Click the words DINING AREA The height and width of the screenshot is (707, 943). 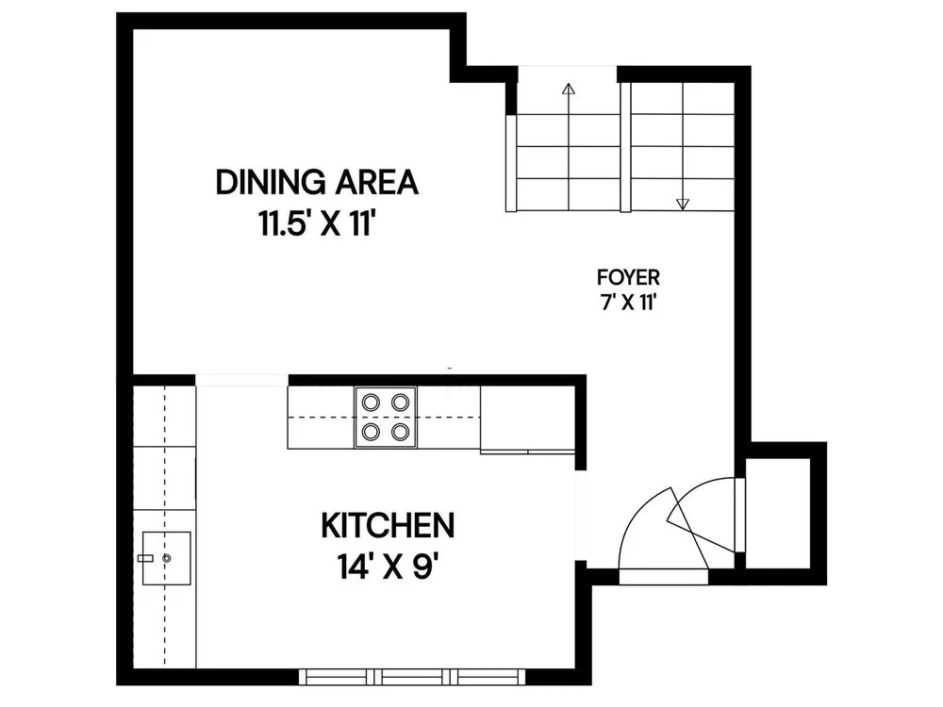click(316, 182)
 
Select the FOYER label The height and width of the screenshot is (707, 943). click(628, 277)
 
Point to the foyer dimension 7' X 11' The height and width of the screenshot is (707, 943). click(627, 303)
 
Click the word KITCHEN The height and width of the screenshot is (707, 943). click(388, 525)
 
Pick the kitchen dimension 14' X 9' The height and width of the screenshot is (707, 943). click(386, 567)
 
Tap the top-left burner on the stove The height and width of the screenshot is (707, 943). click(371, 401)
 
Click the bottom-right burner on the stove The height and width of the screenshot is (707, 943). click(401, 431)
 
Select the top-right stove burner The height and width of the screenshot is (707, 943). click(401, 401)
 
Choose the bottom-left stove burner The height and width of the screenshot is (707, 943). click(371, 431)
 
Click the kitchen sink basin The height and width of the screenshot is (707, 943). click(167, 558)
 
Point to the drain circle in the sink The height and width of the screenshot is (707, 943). click(167, 558)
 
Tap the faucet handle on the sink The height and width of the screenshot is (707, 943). click(145, 558)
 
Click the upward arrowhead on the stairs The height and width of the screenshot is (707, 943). click(568, 89)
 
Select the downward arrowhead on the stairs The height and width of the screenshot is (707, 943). click(682, 205)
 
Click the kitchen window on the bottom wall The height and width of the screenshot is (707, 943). click(413, 676)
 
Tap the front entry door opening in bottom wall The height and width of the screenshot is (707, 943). click(664, 577)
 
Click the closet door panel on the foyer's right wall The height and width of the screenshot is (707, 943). click(739, 515)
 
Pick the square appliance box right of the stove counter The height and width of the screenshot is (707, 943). click(527, 418)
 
